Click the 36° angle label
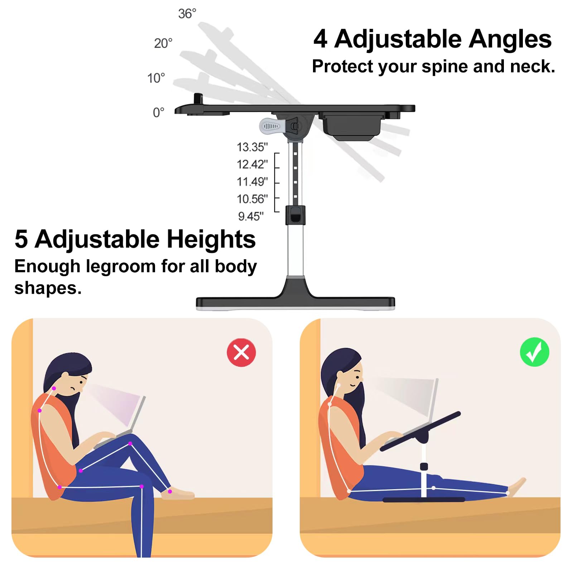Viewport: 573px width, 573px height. point(187,14)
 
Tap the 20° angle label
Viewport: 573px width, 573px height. point(163,43)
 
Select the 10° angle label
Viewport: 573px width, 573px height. point(156,78)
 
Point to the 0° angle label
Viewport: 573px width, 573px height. point(158,112)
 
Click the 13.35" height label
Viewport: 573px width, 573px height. point(252,147)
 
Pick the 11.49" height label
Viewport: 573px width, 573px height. point(252,182)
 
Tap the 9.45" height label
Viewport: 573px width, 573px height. point(251,216)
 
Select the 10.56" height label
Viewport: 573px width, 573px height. point(252,199)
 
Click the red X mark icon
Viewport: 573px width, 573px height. point(241,352)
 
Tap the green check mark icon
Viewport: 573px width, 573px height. point(534,352)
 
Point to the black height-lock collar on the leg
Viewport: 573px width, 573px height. point(295,215)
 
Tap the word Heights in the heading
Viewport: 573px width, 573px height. point(211,239)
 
